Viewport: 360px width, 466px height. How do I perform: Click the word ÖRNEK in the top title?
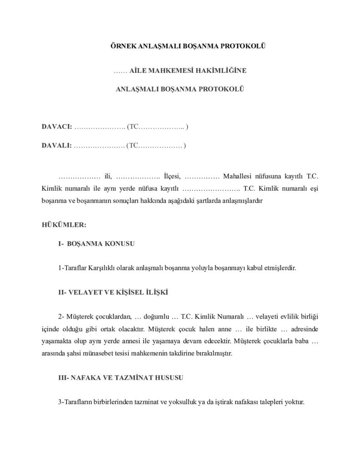click(x=124, y=46)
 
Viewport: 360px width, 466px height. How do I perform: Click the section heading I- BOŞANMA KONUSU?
click(x=96, y=244)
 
